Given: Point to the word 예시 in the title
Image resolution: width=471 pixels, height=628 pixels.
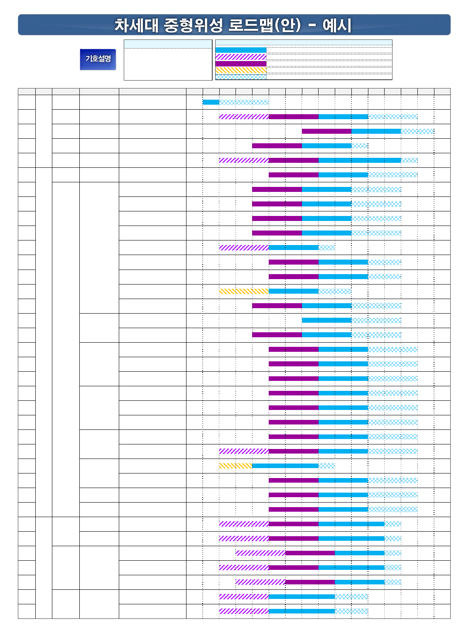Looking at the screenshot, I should coord(337,25).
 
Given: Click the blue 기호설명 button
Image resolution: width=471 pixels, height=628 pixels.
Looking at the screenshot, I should coord(98,59).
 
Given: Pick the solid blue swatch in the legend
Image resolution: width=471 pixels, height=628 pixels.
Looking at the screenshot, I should coord(241,50).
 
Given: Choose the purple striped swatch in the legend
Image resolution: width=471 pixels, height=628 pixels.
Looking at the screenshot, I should coord(241,57).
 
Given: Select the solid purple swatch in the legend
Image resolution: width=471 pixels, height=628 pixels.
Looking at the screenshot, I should coord(241,64).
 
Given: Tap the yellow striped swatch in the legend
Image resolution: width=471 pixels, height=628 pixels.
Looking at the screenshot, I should coord(241,70).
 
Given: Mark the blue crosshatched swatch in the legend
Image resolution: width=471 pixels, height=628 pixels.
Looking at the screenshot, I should coord(241,77).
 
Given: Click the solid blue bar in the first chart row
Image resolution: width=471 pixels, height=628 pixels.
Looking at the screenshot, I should coord(211,102).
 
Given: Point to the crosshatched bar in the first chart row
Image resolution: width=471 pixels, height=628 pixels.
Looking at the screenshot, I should coord(244,102).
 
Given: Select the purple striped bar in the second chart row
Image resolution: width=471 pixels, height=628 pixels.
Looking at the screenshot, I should coord(244,117).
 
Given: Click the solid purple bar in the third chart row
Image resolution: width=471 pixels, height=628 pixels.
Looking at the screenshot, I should coord(326,131).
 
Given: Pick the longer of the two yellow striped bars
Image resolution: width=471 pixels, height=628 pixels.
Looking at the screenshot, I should coord(244,291).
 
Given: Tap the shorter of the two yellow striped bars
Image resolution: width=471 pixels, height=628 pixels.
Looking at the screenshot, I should coord(235,466).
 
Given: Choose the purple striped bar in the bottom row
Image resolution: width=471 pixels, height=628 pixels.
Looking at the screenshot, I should coord(244,611).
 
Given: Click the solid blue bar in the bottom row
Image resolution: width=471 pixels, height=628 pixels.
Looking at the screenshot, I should coord(302,611).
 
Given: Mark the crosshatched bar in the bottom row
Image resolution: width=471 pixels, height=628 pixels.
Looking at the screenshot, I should coord(351,611).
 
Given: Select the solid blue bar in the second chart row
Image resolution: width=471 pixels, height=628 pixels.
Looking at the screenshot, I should coord(343,117).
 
